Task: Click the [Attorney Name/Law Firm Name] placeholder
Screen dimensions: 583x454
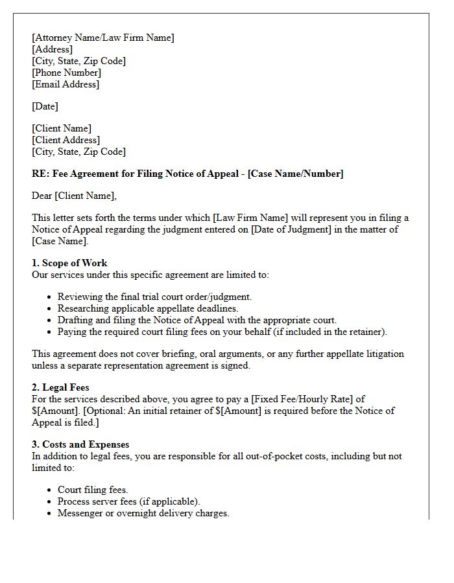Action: click(x=103, y=38)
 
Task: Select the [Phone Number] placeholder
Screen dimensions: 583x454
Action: click(x=66, y=73)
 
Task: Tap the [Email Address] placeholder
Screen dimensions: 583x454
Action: click(x=66, y=84)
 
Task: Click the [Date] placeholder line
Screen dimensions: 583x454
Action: click(x=45, y=106)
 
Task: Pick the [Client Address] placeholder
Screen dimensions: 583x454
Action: click(x=66, y=140)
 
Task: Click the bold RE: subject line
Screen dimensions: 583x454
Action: click(x=187, y=174)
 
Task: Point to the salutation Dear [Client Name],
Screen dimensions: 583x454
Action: click(x=74, y=196)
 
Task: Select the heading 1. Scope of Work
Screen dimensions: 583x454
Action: click(x=69, y=263)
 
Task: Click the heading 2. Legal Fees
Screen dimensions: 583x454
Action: click(x=61, y=387)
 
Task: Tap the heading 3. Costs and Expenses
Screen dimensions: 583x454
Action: click(x=80, y=444)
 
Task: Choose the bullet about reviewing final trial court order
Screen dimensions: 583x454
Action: click(x=154, y=297)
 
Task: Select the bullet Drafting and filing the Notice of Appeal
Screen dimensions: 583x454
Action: click(x=197, y=320)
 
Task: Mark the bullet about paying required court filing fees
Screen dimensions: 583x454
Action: click(x=222, y=332)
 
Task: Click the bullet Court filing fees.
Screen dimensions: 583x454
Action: click(x=93, y=490)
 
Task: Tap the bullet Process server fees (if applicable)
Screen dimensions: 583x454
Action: click(x=129, y=501)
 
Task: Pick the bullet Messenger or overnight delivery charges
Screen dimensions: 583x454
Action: click(x=143, y=513)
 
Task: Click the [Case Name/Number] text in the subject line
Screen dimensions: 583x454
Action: click(x=296, y=174)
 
